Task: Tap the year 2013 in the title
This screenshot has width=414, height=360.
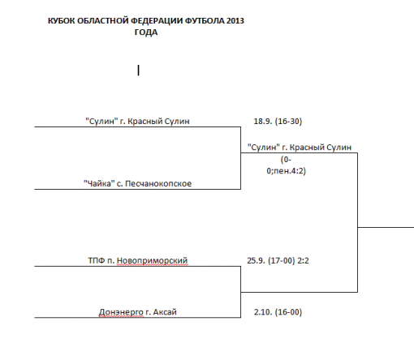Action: (x=235, y=21)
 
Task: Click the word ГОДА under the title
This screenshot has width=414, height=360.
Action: (x=146, y=32)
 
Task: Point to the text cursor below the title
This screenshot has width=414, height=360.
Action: (x=139, y=71)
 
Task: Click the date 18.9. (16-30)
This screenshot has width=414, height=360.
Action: (x=278, y=121)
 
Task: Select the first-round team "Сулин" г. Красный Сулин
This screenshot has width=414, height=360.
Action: (x=137, y=121)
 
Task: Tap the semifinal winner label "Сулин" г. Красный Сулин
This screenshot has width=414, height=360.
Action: (x=300, y=148)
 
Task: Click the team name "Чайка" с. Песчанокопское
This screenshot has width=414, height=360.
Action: (x=137, y=183)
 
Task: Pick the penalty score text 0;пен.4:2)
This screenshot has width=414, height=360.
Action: (x=287, y=171)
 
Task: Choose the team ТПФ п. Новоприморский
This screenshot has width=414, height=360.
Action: (x=138, y=260)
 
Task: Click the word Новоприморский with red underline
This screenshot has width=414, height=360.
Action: (x=152, y=261)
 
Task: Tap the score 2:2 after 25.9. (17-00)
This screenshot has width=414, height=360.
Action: (x=304, y=260)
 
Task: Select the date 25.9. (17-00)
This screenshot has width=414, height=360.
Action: (x=271, y=260)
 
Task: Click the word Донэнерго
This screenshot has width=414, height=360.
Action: (x=121, y=312)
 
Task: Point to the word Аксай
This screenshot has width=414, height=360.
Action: (x=165, y=312)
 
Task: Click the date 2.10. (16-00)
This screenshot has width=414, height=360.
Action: (x=278, y=312)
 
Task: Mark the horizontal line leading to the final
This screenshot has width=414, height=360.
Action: (x=386, y=227)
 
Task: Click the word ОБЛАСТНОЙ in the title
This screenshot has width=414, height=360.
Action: (x=103, y=21)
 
